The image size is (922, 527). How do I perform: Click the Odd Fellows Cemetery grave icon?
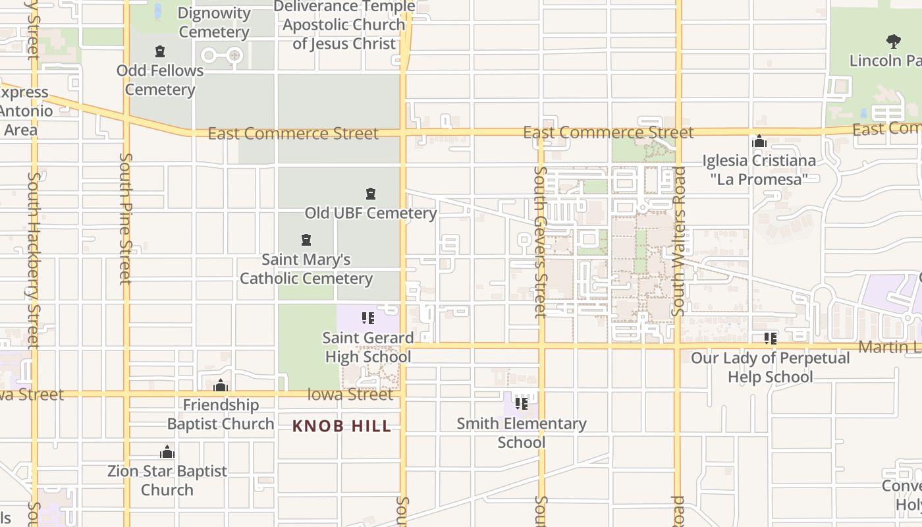click(159, 51)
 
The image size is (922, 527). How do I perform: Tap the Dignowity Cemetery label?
click(214, 22)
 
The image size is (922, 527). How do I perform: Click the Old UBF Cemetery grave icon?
click(371, 194)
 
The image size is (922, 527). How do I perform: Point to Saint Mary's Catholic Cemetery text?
click(306, 269)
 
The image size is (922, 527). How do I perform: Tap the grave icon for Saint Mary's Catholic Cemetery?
click(306, 240)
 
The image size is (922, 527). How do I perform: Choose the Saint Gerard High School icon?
click(368, 318)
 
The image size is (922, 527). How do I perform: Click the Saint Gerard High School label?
click(368, 347)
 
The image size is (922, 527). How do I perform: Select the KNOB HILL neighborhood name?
click(342, 426)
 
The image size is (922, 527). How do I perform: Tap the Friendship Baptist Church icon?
click(221, 385)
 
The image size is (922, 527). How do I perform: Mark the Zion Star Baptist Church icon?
click(167, 452)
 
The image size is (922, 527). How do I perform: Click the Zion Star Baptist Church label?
click(167, 480)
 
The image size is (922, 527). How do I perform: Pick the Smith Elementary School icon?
click(522, 403)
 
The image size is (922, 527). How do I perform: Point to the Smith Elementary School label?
click(522, 432)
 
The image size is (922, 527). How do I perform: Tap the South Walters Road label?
click(678, 241)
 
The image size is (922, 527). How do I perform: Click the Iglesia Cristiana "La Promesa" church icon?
click(759, 142)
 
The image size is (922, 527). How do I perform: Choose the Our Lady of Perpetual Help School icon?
click(770, 339)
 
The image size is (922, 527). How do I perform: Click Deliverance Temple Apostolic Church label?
click(344, 25)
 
